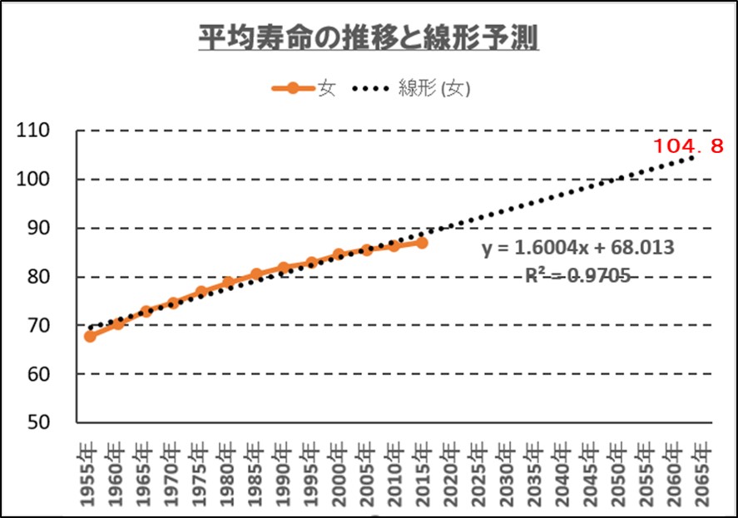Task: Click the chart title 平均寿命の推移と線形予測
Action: (x=368, y=37)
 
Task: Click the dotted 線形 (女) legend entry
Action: (x=416, y=87)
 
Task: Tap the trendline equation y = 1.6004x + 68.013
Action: (x=577, y=249)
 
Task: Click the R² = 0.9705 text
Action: (x=577, y=275)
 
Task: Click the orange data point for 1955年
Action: (x=90, y=336)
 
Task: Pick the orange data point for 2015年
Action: (x=422, y=243)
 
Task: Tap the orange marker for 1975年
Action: (x=201, y=292)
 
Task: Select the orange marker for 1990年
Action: (x=284, y=268)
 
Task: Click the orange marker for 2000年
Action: (x=339, y=254)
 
